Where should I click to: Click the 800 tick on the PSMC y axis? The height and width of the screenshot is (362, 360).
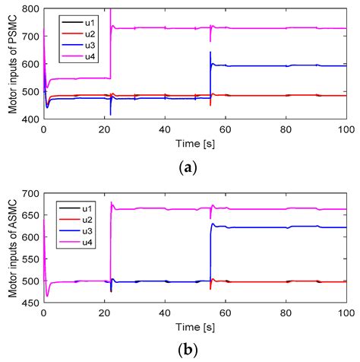point(32,8)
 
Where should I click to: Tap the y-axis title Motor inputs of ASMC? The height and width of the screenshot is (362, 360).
point(12,249)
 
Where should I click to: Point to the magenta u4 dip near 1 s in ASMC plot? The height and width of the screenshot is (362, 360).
point(47,295)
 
